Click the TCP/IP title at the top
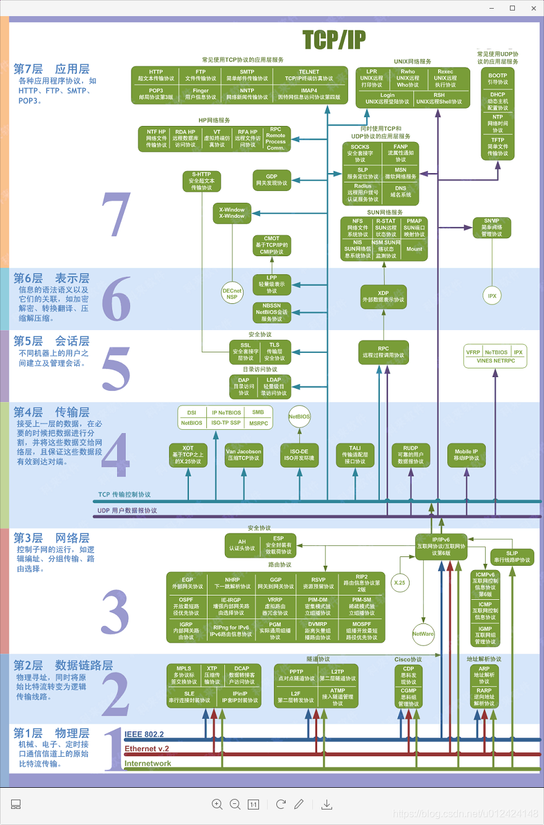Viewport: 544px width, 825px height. (x=334, y=39)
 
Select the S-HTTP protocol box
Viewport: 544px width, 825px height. (x=202, y=180)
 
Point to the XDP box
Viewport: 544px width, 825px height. (x=383, y=296)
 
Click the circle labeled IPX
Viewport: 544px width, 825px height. (x=492, y=296)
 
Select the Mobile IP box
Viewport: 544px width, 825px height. (x=466, y=455)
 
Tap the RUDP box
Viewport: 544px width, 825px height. (x=410, y=455)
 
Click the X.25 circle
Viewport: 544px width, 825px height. (x=399, y=583)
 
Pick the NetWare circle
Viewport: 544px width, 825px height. (x=423, y=634)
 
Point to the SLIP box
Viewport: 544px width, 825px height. (x=511, y=556)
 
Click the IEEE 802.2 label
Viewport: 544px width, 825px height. (x=144, y=734)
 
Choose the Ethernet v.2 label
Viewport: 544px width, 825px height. (x=147, y=749)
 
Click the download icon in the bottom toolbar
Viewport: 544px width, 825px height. (x=327, y=805)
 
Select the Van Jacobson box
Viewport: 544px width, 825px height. (x=243, y=455)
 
